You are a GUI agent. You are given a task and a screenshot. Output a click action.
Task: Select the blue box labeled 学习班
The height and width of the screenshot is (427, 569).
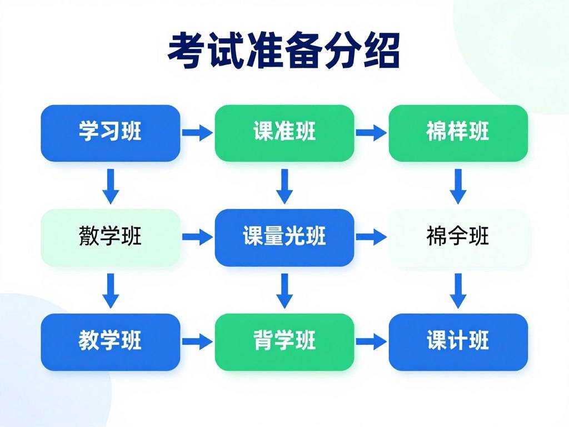coord(111,133)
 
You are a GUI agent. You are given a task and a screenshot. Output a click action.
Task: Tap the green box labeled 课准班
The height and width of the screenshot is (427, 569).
coord(284,133)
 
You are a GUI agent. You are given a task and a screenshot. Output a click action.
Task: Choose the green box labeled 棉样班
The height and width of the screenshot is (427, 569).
coord(458,133)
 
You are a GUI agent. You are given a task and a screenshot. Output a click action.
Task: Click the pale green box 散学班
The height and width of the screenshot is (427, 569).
coord(111,237)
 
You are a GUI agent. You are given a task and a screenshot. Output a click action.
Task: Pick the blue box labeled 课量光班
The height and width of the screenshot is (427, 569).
coord(284,237)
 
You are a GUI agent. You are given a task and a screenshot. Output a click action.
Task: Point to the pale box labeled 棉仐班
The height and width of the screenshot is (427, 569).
coord(458,237)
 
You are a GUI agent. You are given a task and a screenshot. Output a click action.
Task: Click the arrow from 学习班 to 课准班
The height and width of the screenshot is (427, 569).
coord(197,133)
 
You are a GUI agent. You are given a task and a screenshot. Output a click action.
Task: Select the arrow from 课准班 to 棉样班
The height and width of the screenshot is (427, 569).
coord(371,133)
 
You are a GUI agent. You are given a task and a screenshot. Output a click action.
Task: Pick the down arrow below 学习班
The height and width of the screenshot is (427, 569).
coord(111,186)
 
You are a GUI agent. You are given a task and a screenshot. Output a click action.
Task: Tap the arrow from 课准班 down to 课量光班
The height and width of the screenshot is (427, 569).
coord(284,186)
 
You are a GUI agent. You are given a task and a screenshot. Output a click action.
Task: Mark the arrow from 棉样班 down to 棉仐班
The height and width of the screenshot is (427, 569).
coord(458,186)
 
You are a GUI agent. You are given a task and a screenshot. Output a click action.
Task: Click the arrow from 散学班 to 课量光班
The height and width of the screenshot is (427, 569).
coord(197,237)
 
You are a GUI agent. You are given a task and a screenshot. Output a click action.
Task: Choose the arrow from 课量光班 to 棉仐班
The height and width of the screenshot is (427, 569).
coord(371,237)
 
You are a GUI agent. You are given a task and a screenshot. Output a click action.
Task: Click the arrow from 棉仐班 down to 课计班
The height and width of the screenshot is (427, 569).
coord(458,290)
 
